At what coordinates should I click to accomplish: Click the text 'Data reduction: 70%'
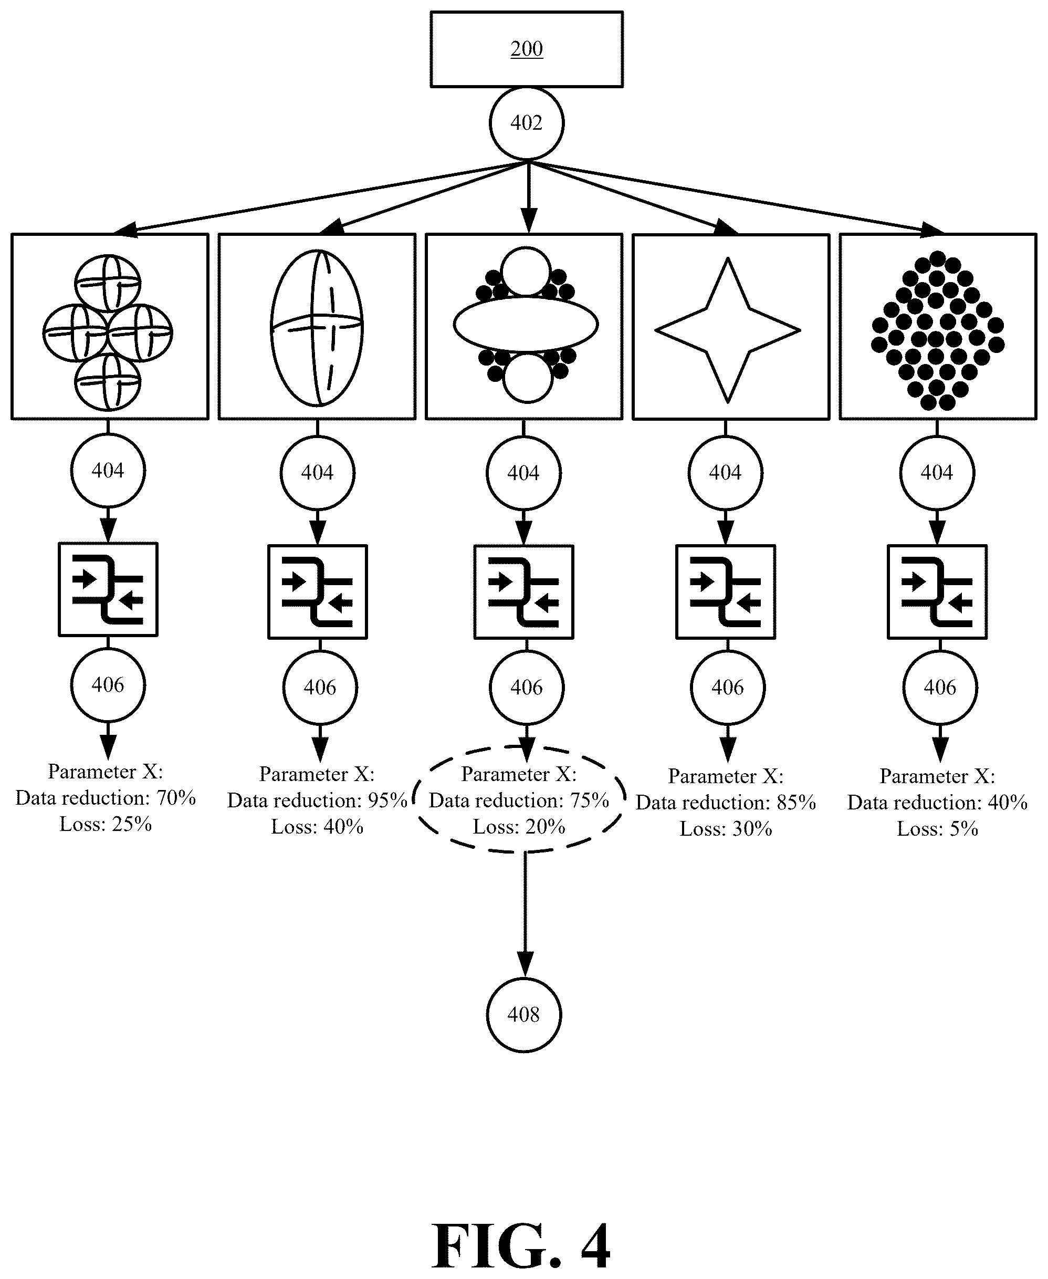(x=106, y=798)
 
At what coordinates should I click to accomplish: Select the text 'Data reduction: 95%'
(x=317, y=800)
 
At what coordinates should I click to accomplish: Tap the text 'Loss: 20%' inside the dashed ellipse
(x=519, y=826)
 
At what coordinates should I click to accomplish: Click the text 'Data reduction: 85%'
(x=726, y=803)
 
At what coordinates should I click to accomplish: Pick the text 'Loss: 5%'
(x=938, y=828)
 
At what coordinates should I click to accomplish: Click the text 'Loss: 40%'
(x=317, y=826)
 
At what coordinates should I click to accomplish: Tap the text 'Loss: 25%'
(x=106, y=824)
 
